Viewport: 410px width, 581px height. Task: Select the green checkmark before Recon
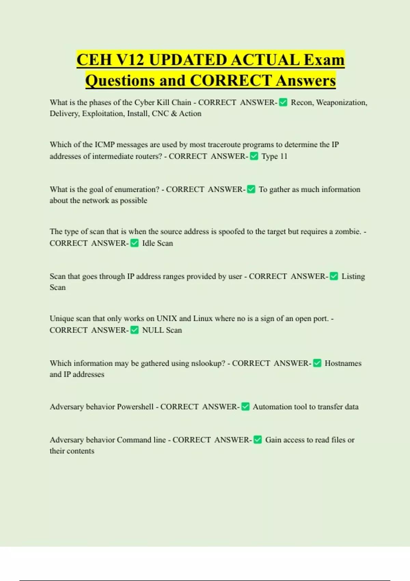(283, 102)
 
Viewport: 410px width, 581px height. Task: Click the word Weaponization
(342, 103)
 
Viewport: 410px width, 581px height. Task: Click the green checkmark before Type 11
(254, 156)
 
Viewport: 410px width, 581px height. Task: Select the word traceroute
(224, 145)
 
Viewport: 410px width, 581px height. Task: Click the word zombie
(347, 232)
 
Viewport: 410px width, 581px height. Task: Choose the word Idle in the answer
(148, 243)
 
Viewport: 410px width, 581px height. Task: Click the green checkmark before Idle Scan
(135, 243)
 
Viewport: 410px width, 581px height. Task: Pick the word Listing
(353, 276)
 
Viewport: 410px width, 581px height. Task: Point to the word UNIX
(167, 319)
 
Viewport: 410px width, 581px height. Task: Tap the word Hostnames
(343, 363)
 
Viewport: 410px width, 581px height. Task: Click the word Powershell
(135, 407)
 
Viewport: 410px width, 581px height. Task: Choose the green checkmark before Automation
(245, 407)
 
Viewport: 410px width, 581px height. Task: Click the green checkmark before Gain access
(258, 440)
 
